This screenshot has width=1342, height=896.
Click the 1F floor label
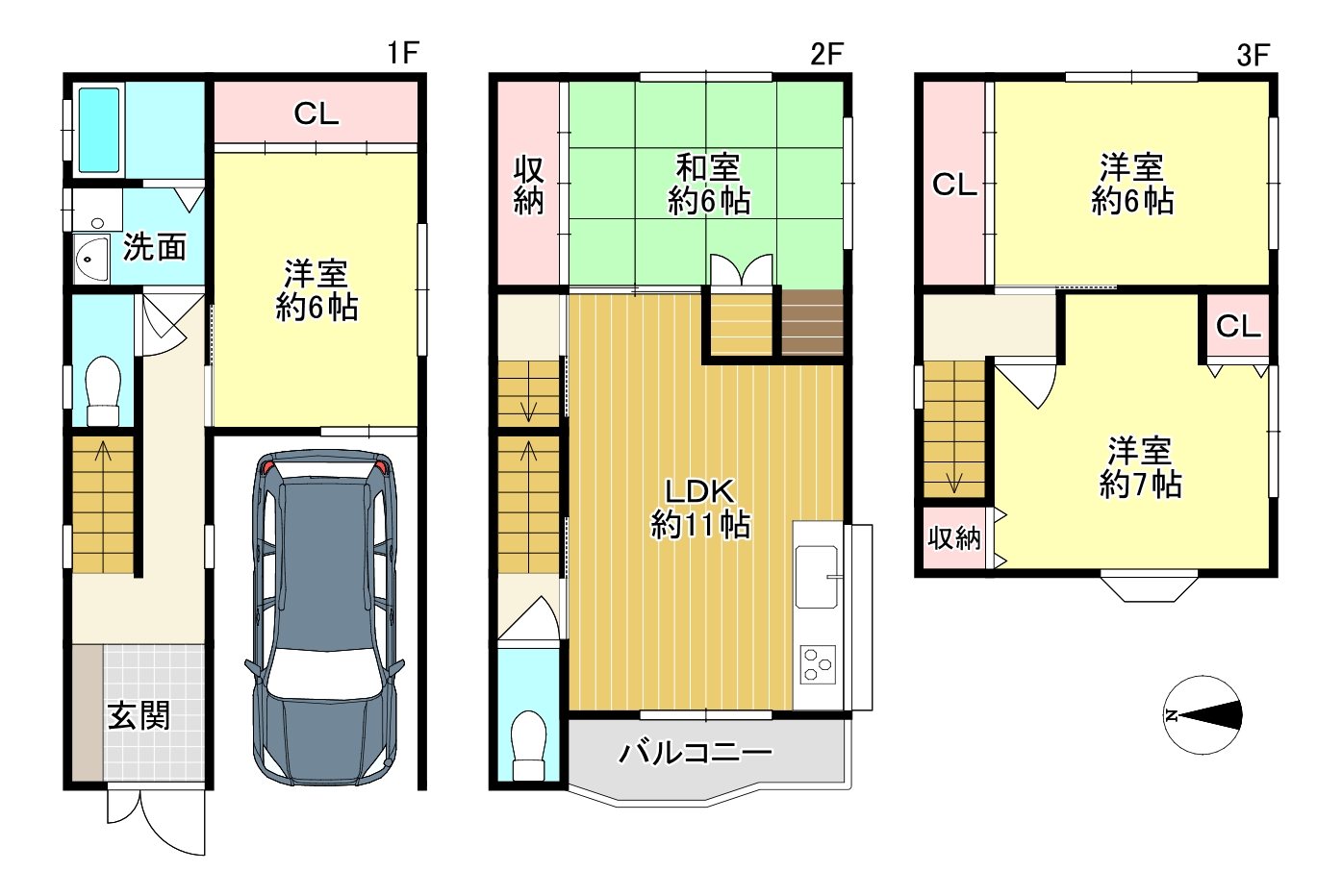tap(402, 53)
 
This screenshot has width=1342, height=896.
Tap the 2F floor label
tap(826, 55)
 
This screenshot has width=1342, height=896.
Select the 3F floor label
tap(1253, 55)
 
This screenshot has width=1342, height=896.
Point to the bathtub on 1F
tap(99, 130)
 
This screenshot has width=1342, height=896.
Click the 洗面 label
tap(155, 247)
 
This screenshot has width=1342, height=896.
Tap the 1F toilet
tap(103, 391)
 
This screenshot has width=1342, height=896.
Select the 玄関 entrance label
tap(139, 715)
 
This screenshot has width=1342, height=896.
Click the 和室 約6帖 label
tap(709, 185)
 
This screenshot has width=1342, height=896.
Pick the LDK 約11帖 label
tap(700, 509)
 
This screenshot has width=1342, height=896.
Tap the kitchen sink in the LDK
tap(817, 577)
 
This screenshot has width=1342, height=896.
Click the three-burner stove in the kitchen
tap(818, 664)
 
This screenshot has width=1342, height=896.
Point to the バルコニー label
tap(696, 753)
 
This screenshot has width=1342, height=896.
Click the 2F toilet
tap(529, 745)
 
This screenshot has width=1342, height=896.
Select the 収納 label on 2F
tap(528, 185)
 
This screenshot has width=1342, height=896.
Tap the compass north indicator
tap(1172, 715)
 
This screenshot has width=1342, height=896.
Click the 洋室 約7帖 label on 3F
tap(1140, 468)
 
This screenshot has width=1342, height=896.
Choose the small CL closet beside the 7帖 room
tap(1238, 327)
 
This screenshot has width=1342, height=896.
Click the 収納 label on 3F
tap(954, 538)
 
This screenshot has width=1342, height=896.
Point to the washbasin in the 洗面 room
tap(91, 259)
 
